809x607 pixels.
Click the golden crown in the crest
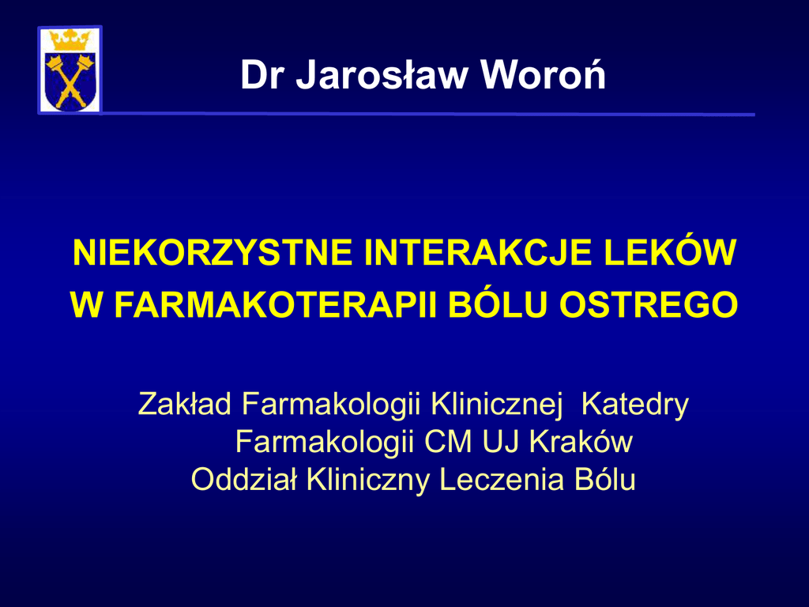click(x=70, y=40)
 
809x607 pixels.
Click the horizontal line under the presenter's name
click(x=428, y=114)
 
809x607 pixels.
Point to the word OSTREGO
click(x=649, y=305)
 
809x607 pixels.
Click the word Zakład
click(x=185, y=404)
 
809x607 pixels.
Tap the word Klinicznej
click(x=496, y=405)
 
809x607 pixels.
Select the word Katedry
click(x=635, y=405)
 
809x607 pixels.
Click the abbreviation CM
click(x=448, y=442)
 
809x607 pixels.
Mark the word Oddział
click(x=244, y=480)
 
